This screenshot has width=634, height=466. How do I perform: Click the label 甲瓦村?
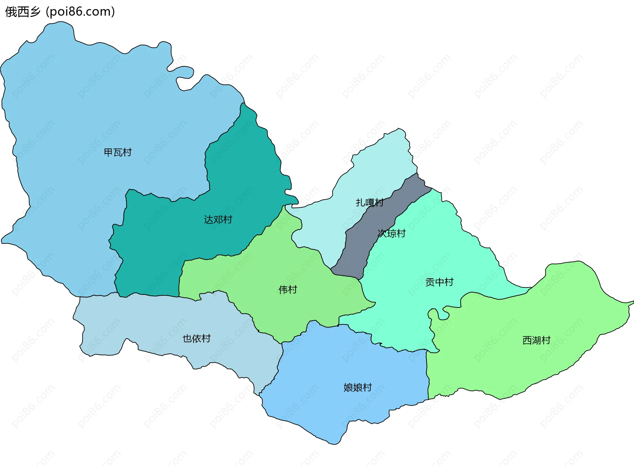[118, 152]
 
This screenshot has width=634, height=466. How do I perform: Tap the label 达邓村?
[218, 219]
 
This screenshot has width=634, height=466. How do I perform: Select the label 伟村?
[288, 289]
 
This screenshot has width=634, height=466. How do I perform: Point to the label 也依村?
[196, 338]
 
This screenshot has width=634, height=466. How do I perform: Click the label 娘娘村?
[358, 387]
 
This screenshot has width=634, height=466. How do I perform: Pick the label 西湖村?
[536, 340]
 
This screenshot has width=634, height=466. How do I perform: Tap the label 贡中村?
[439, 282]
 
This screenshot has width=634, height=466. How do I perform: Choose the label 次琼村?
[392, 233]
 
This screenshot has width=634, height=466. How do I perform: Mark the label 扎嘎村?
[370, 202]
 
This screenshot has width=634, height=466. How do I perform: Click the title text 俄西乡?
[22, 12]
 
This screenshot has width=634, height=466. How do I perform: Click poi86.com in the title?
[80, 12]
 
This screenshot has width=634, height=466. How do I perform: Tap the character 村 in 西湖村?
[546, 340]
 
